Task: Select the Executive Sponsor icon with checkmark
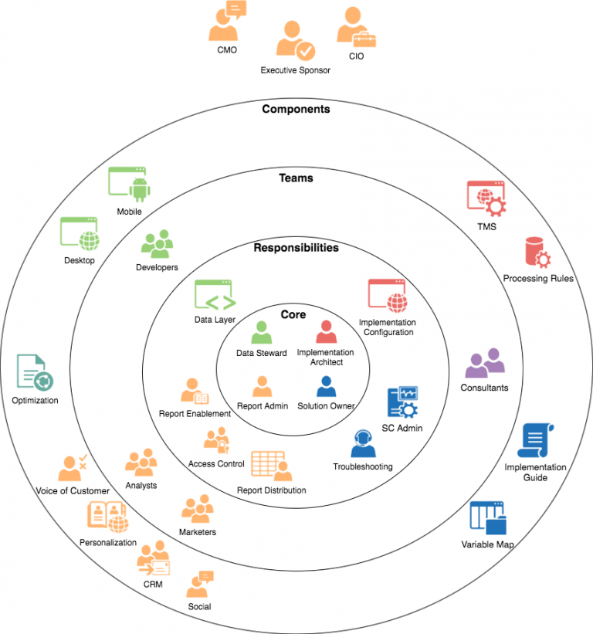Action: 295,40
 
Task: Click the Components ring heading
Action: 296,109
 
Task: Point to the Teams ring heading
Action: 296,178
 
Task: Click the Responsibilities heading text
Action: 296,248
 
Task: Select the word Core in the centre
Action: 293,314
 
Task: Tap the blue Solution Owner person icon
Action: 326,386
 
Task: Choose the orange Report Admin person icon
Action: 262,386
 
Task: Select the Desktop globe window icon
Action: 80,234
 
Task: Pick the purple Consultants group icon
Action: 484,364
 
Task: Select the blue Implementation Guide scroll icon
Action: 534,441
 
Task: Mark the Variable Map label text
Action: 487,545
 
